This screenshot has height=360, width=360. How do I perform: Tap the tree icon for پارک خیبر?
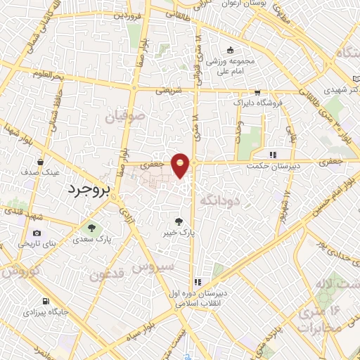pos(185,221)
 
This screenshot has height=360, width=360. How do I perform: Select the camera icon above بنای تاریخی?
pos(37,233)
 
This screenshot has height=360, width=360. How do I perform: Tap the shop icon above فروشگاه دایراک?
pos(258,92)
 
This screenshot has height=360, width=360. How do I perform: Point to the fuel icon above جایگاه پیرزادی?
pos(26,309)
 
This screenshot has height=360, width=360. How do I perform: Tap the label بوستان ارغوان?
pos(241,4)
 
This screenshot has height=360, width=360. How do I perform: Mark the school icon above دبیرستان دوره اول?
pos(198,282)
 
